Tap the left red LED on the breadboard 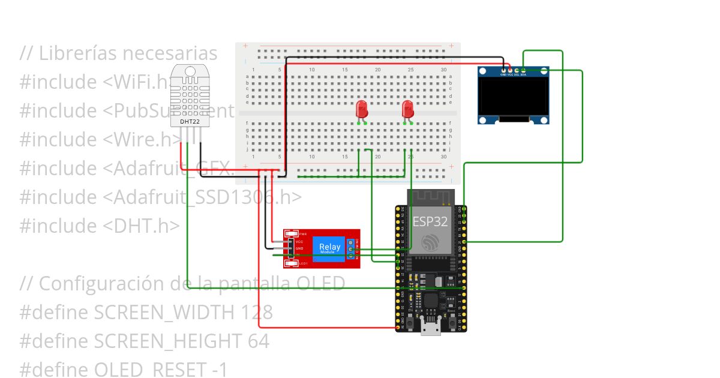362,109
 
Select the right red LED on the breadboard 408,109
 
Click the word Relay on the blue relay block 329,247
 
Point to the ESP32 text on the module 430,221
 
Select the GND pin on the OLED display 503,71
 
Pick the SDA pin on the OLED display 523,71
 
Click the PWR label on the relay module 303,233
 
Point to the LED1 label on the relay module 303,263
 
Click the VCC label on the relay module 299,241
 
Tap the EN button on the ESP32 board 409,323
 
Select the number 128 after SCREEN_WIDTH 257,313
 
